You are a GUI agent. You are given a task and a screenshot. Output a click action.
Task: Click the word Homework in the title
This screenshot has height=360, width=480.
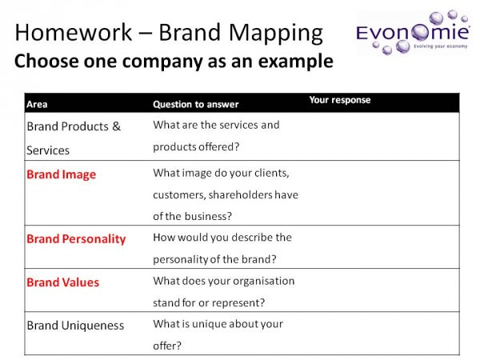(74, 32)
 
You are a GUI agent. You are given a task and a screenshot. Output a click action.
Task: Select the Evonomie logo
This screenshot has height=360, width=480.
(413, 33)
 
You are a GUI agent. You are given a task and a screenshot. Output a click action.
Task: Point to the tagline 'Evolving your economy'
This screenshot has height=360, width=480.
(441, 46)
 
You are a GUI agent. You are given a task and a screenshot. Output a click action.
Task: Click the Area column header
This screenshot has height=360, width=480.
(37, 104)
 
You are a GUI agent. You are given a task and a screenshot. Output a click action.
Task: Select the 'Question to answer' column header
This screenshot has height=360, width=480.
(196, 104)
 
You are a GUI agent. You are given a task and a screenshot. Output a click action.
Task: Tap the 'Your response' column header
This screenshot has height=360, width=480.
(340, 100)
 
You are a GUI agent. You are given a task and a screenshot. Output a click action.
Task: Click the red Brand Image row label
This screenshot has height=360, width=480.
(62, 174)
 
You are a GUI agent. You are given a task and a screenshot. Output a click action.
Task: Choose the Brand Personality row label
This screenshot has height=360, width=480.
(76, 239)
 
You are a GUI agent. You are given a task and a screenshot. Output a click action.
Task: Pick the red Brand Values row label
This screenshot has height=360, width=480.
(62, 282)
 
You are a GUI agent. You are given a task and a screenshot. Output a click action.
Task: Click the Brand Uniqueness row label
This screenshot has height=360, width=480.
(75, 326)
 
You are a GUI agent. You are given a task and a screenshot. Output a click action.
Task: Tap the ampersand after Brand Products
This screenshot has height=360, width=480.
(116, 126)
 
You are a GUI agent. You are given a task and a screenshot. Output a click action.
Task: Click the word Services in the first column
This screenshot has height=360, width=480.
(48, 150)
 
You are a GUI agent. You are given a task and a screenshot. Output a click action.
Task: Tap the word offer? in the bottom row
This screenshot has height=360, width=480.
(167, 346)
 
